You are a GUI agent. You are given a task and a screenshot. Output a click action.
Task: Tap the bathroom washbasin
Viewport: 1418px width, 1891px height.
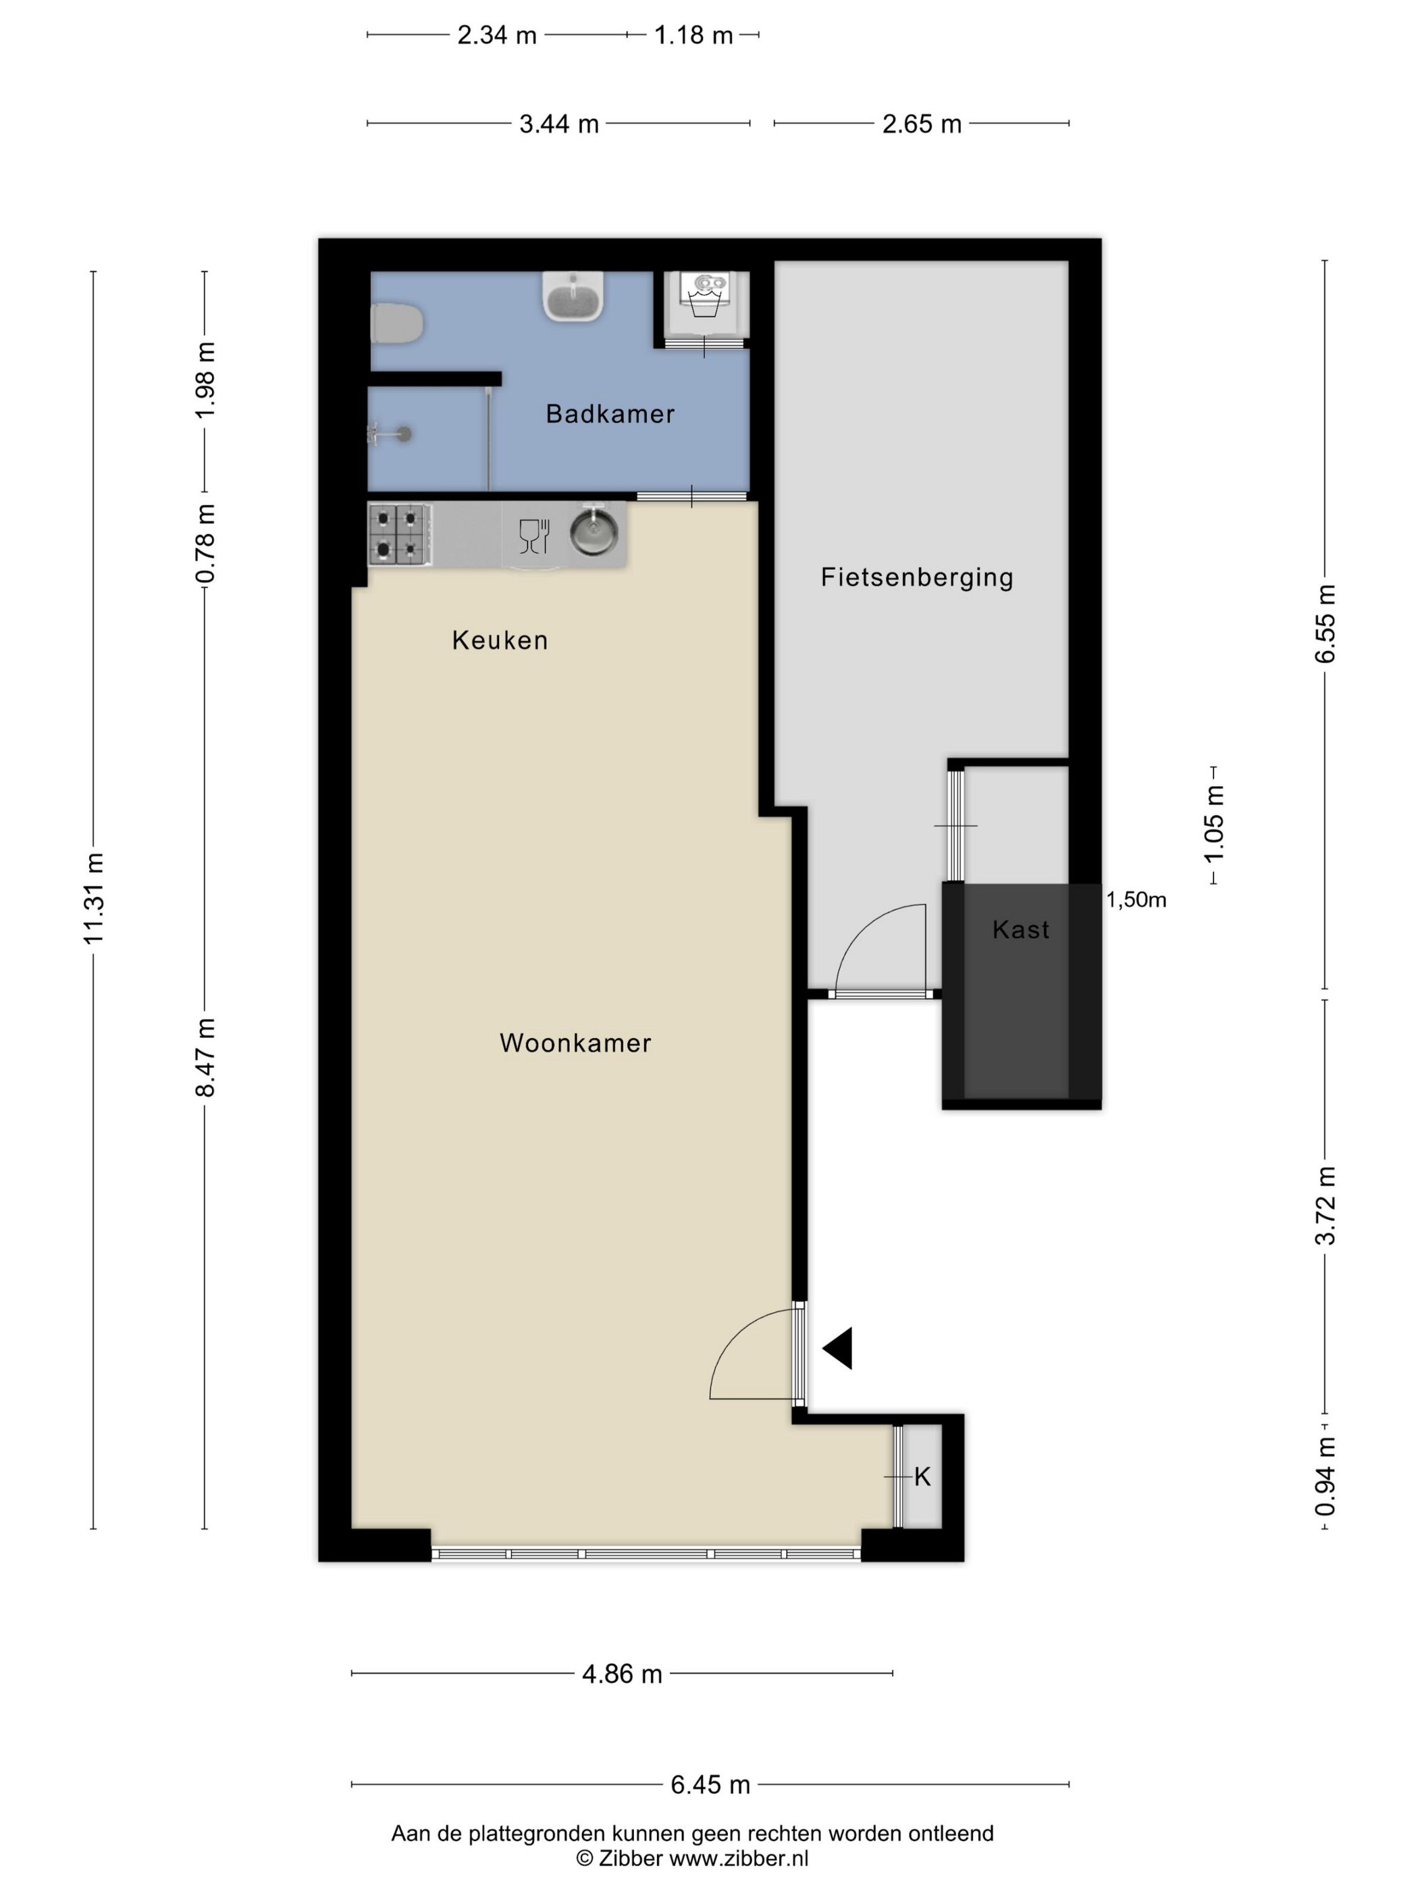(573, 296)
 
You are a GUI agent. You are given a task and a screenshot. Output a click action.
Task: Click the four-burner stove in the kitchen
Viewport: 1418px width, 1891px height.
(400, 534)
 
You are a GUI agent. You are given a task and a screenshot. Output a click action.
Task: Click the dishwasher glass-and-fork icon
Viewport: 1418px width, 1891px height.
(534, 536)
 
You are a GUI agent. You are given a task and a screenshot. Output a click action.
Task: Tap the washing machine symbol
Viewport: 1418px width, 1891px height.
(706, 295)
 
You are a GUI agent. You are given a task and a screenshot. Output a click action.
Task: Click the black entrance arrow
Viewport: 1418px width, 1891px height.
(838, 1348)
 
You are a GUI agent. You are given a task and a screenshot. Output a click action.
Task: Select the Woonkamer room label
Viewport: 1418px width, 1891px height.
(575, 1043)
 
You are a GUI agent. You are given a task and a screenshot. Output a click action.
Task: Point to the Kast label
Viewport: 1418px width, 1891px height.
(1020, 929)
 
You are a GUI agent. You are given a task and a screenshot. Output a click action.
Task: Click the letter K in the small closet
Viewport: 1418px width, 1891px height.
(922, 1476)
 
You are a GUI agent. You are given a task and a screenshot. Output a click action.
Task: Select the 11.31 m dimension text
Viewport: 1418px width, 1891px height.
(93, 898)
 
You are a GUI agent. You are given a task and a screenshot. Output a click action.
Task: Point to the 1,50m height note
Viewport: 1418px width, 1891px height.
(1136, 900)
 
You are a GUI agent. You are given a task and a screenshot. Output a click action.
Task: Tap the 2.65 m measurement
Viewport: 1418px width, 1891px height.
(922, 124)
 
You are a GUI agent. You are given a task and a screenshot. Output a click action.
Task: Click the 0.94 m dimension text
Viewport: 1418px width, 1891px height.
(1325, 1476)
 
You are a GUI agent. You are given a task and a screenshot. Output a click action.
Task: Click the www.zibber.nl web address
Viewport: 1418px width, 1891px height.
(739, 1859)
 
